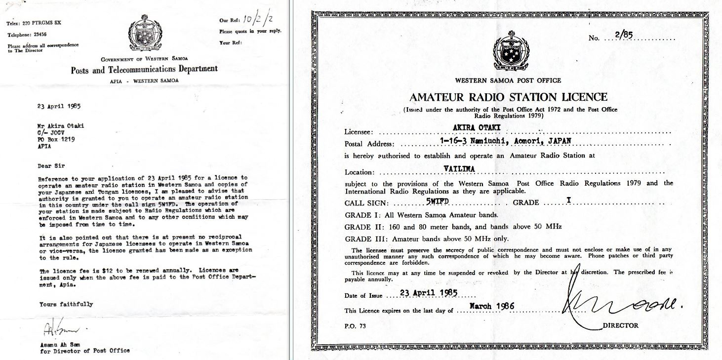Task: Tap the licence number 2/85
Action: pos(624,35)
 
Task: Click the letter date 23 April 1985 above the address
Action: pos(59,106)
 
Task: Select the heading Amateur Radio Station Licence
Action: pos(508,97)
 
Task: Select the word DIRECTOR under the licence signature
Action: pos(620,325)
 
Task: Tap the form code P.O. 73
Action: pos(356,326)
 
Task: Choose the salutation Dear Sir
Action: pos(51,166)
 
